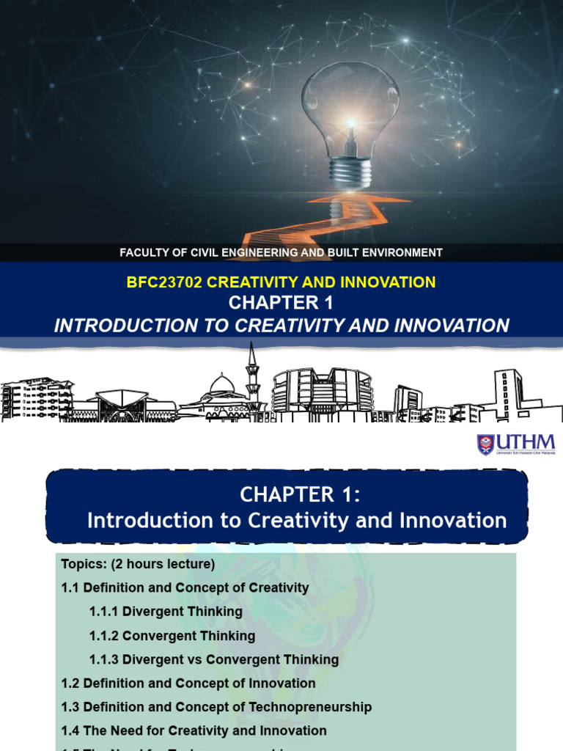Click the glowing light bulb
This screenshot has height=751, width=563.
pyautogui.click(x=350, y=110)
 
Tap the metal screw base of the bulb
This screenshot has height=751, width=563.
pyautogui.click(x=350, y=173)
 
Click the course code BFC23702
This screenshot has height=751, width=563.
pyautogui.click(x=163, y=282)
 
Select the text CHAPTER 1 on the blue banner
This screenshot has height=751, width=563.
pyautogui.click(x=281, y=303)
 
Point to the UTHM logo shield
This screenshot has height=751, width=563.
pyautogui.click(x=485, y=444)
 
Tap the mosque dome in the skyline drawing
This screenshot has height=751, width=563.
pyautogui.click(x=221, y=385)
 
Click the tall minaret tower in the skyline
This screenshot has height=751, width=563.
pyautogui.click(x=252, y=374)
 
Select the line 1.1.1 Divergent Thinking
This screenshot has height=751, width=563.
pyautogui.click(x=166, y=612)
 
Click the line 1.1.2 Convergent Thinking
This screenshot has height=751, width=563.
pyautogui.click(x=172, y=636)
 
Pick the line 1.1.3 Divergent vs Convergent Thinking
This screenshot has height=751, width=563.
pyautogui.click(x=214, y=659)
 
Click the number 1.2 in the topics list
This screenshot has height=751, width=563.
pyautogui.click(x=70, y=684)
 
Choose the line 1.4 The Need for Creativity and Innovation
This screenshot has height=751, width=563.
pyautogui.click(x=194, y=730)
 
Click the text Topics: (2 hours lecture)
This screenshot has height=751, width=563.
pyautogui.click(x=138, y=564)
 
